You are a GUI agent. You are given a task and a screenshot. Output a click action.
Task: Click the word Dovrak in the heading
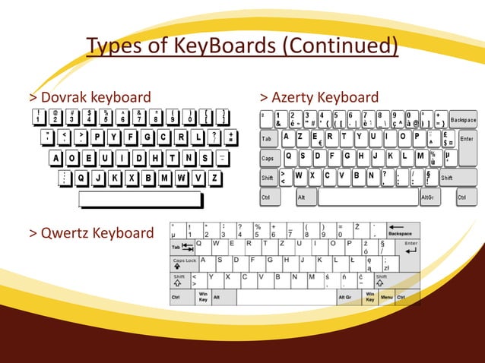64,98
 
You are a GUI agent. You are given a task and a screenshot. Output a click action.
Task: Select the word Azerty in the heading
293,98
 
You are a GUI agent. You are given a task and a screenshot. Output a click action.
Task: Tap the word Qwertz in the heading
65,232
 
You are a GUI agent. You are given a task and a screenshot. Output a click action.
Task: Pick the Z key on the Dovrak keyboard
216,178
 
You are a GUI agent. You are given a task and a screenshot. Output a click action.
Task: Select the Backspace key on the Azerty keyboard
462,120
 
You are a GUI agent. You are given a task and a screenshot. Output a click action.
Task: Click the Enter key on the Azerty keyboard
467,140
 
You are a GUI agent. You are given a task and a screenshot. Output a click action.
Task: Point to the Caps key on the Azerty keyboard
268,159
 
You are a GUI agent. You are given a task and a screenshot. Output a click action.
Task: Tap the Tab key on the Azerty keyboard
268,140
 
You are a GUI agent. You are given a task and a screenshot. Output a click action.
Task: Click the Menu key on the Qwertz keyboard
387,297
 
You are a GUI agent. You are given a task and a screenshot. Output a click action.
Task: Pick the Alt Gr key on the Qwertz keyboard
345,297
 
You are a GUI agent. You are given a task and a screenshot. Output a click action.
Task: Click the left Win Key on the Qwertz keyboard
203,297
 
